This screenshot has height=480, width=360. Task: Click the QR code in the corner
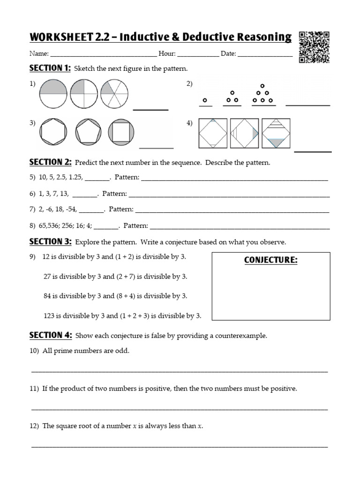coord(314,47)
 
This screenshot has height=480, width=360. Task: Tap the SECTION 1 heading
coord(50,68)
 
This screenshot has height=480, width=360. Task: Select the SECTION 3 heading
coord(50,242)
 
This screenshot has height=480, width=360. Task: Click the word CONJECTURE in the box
coord(271,260)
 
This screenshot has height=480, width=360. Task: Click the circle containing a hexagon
coord(52,133)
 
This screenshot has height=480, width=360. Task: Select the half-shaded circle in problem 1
coord(52,94)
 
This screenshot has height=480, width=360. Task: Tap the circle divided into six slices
coord(114,94)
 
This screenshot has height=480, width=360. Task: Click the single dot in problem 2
coord(204,100)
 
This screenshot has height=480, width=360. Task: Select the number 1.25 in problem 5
coord(73,178)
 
